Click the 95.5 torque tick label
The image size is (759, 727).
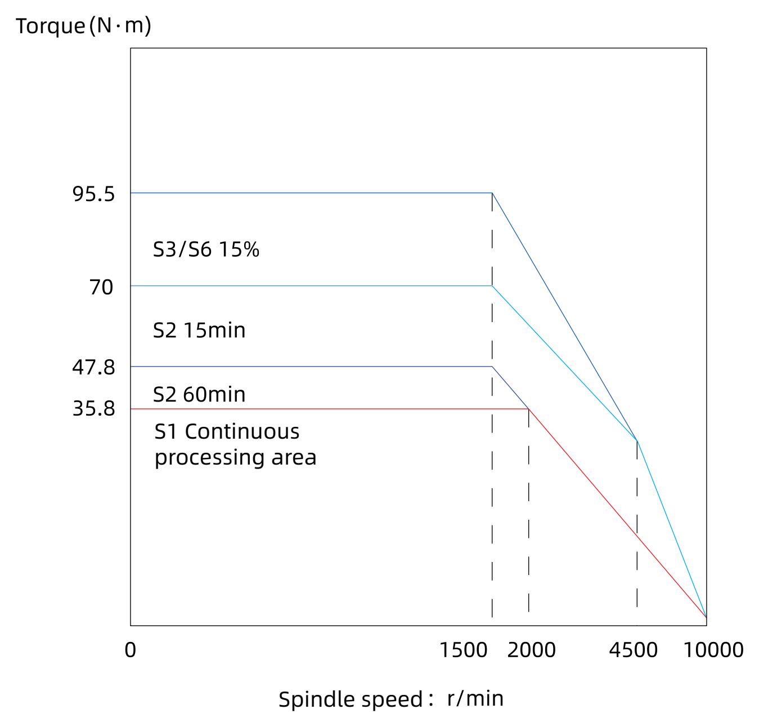coord(93,194)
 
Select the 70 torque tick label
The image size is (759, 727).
coord(101,287)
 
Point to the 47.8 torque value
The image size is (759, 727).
coord(93,367)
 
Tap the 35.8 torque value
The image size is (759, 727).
coord(93,409)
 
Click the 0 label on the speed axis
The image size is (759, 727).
coord(131,650)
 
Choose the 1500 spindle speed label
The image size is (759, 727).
coord(464,650)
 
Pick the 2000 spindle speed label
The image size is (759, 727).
coord(531,650)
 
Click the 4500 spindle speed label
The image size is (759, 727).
coord(634,650)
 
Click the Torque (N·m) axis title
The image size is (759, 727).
coord(83,26)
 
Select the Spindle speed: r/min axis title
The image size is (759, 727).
coord(391,699)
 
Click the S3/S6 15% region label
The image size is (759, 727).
coord(206,249)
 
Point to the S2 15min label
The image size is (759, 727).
coord(199,331)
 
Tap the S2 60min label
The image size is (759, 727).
coord(199,394)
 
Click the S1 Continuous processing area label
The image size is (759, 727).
coord(236,445)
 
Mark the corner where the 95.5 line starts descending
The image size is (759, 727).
coord(492,193)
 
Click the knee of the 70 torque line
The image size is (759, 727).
coord(492,286)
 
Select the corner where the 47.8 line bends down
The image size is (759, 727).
coord(492,367)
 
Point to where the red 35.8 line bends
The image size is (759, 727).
coord(529,409)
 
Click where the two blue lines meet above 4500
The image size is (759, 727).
coord(637,441)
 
